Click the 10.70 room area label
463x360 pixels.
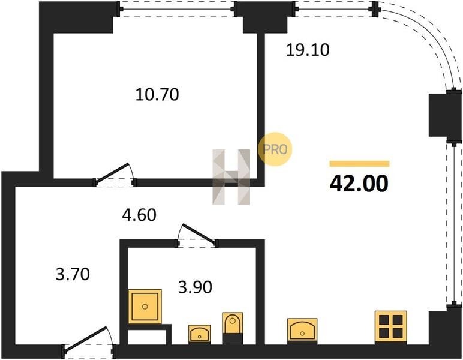click(157, 95)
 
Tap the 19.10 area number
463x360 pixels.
click(308, 50)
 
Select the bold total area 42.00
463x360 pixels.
click(359, 184)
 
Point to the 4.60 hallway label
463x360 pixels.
click(139, 215)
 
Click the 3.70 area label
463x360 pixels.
click(73, 274)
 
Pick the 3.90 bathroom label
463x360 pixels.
click(195, 287)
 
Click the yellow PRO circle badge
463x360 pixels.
click(275, 149)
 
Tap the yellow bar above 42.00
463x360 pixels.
click(359, 164)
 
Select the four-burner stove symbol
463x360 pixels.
click(390, 327)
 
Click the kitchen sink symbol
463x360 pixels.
click(302, 331)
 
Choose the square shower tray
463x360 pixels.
click(145, 307)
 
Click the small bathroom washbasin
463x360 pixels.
click(200, 334)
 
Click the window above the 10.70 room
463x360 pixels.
click(177, 9)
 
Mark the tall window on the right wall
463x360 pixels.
click(454, 225)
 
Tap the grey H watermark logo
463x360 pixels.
click(231, 177)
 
